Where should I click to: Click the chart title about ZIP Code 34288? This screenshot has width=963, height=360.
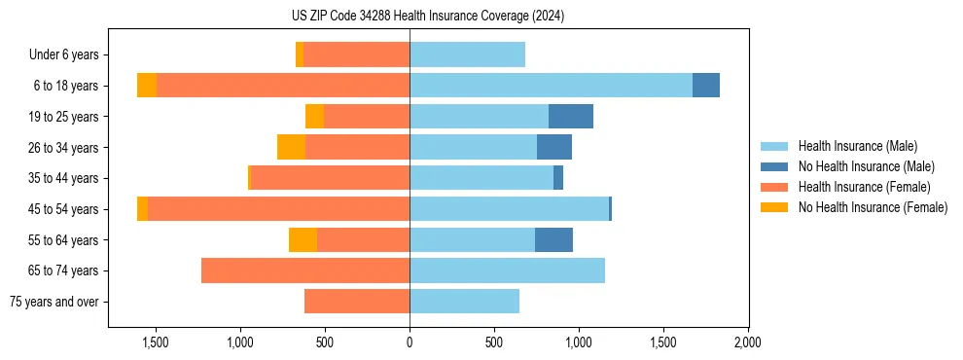pos(428,17)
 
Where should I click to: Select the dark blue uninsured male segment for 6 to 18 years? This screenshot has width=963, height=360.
pos(706,86)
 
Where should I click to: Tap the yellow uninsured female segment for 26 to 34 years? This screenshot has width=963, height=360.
pos(291,147)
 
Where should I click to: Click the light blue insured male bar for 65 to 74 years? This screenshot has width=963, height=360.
pos(507,270)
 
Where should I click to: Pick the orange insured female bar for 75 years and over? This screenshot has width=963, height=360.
pos(356,302)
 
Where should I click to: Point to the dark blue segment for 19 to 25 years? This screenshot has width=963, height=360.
pos(571,117)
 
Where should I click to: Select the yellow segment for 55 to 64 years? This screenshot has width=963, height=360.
pos(303,239)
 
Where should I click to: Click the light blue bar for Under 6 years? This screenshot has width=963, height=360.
pos(467,54)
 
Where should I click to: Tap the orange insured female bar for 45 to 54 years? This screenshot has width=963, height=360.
pos(278,209)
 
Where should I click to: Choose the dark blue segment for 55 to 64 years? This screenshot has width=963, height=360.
pos(553,239)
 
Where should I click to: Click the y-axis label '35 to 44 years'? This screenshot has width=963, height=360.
pos(64,178)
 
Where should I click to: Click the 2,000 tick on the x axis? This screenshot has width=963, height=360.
pos(747,342)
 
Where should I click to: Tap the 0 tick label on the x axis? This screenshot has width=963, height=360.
pos(410,342)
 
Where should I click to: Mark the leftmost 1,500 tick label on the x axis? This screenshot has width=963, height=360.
pos(156,342)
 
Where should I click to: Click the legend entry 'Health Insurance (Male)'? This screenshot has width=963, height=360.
pos(857,146)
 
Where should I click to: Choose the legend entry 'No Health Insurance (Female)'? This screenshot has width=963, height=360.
pos(873,207)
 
